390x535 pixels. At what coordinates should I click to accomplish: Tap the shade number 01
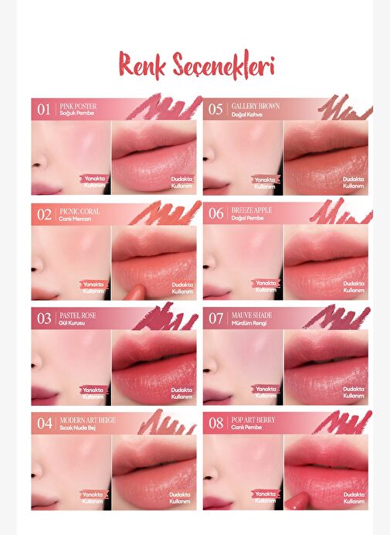click(44, 110)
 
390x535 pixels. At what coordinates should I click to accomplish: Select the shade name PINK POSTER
click(78, 106)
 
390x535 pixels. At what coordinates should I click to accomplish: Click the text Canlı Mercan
click(75, 219)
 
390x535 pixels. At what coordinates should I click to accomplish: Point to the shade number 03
click(44, 319)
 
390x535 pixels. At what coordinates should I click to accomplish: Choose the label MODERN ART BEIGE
click(87, 420)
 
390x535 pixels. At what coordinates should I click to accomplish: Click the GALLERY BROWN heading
click(256, 106)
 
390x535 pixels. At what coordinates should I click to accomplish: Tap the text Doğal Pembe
click(247, 218)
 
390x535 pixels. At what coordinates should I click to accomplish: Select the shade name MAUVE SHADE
click(252, 315)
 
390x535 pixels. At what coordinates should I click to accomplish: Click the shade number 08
click(216, 423)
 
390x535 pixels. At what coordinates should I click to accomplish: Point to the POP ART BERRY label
click(253, 420)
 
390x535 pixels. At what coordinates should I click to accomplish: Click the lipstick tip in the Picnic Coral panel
click(134, 292)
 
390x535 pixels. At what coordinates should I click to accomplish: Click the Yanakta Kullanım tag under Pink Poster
click(95, 182)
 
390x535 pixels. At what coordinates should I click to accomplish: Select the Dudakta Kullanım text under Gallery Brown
click(354, 182)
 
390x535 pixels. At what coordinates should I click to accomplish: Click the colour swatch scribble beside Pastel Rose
click(166, 316)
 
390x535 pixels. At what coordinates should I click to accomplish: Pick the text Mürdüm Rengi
click(249, 323)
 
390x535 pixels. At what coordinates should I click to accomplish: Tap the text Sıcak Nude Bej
click(76, 428)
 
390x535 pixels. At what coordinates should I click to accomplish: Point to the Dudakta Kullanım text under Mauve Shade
click(354, 393)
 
